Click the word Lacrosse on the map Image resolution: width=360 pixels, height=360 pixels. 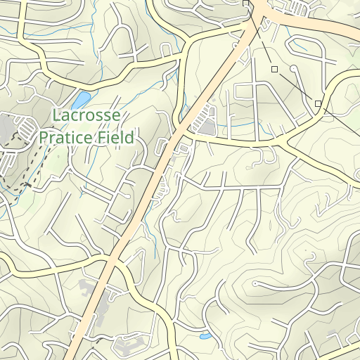tap(86, 116)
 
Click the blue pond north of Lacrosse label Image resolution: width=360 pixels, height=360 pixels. tap(82, 99)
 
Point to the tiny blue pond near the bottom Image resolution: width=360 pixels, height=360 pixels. tap(205, 337)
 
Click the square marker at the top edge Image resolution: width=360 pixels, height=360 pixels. tap(245, 4)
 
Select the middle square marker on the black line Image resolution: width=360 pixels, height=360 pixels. tap(274, 69)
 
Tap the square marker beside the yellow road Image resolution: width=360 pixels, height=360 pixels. tap(318, 104)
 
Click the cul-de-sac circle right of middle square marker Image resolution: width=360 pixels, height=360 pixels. tap(292, 68)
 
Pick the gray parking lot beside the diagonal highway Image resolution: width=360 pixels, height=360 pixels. tap(207, 127)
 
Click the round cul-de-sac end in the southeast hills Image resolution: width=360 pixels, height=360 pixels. tap(254, 284)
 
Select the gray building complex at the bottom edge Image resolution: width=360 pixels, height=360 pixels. tap(131, 347)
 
